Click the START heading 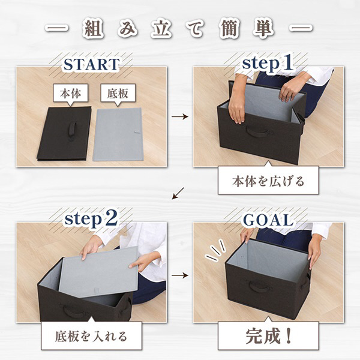coord(91,64)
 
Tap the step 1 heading coord(268,63)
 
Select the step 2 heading coord(91,219)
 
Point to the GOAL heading coord(268,220)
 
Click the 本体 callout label coord(70,93)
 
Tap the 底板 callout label coord(118,93)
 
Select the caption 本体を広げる coord(268,181)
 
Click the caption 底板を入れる coord(91,336)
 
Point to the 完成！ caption coord(268,336)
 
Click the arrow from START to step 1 coord(180,116)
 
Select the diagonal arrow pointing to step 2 coord(178,193)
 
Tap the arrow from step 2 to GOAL coord(180,275)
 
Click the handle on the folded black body coord(71,131)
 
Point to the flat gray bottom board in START coord(118,134)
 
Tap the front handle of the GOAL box coord(259,287)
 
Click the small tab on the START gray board coord(137,132)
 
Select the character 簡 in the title coord(230,29)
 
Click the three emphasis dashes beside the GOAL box coord(215,250)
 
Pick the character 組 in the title coord(93,29)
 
